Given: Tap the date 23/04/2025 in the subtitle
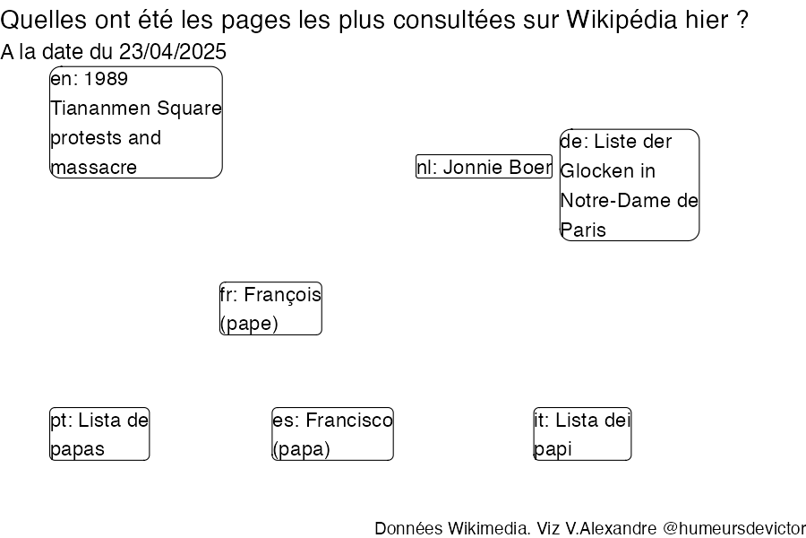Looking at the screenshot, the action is (173, 51).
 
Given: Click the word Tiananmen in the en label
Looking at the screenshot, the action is (100, 108).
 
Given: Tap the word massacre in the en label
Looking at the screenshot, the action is (94, 168).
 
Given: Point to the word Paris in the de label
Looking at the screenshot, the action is (583, 230).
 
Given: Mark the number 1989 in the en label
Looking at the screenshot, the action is (106, 79).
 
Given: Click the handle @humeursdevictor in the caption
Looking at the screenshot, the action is (734, 528).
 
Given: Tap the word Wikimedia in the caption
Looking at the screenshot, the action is (488, 528).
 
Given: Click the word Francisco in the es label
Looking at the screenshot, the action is (349, 421).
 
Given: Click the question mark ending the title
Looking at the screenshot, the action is (742, 20).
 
